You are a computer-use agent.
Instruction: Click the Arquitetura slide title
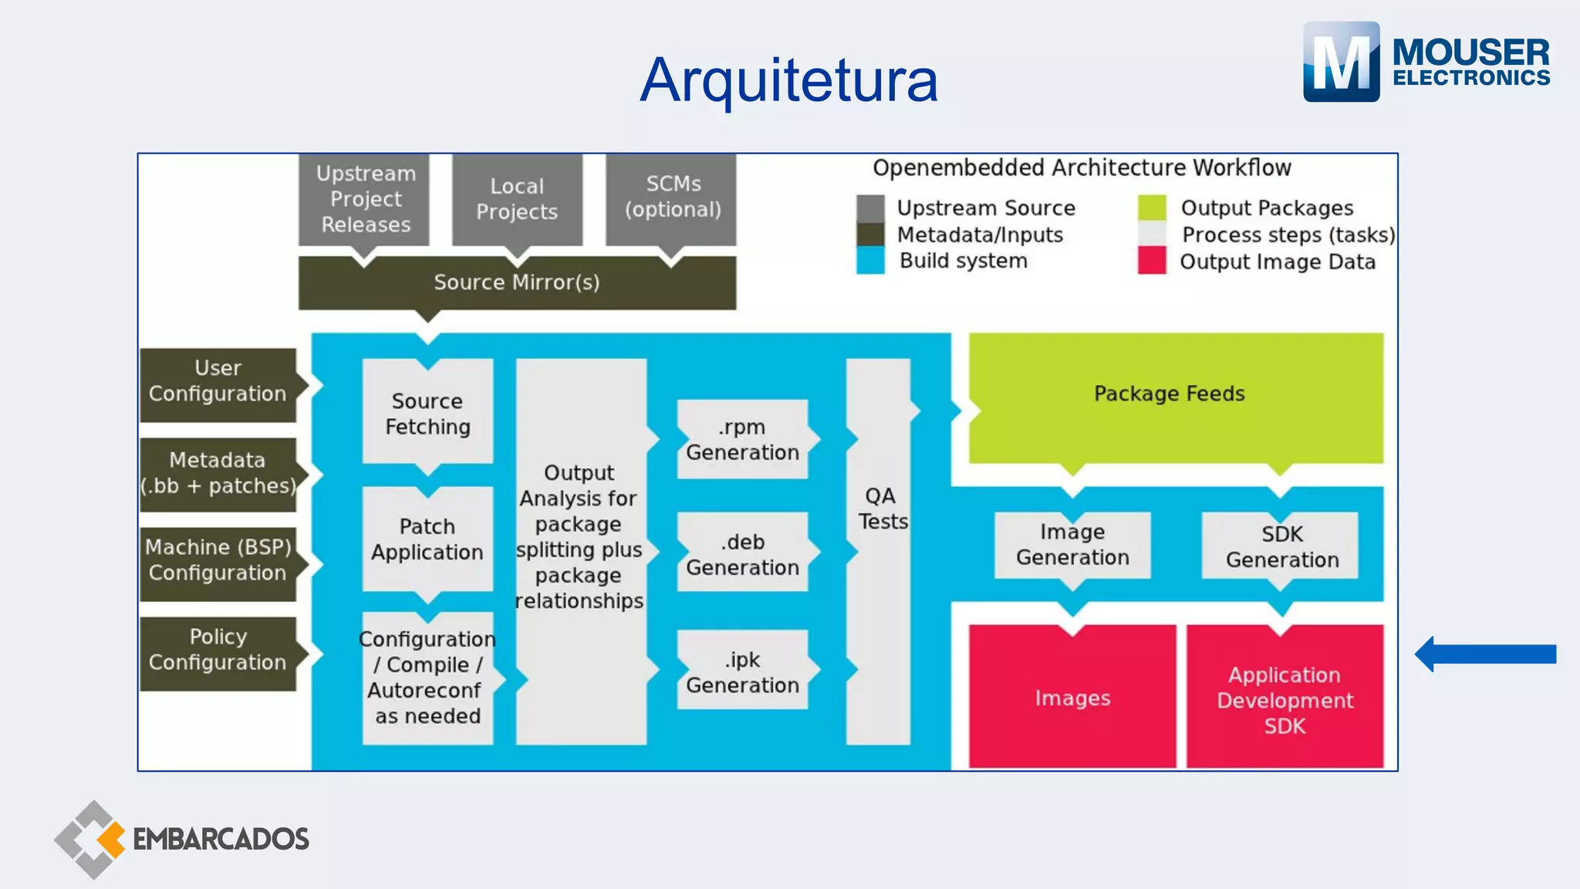coord(788,80)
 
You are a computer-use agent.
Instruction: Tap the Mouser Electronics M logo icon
coord(1341,62)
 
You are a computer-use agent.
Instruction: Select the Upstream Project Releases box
coord(365,199)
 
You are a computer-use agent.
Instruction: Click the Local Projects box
coord(517,199)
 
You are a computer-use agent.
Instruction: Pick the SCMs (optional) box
coord(672,198)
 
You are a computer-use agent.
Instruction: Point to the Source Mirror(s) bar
coord(517,283)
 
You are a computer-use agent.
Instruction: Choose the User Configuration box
coord(218,382)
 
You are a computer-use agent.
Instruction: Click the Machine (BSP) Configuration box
coord(218,561)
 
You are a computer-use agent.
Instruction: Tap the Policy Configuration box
coord(218,651)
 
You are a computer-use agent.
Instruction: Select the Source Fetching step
coord(427,414)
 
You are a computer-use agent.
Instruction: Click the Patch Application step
coord(427,539)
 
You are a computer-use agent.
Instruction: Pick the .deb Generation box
coord(742,554)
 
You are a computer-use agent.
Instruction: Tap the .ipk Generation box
coord(742,672)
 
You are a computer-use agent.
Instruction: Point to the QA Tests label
coord(881,509)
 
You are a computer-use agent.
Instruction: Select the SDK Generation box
coord(1281,546)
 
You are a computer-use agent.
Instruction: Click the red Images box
coord(1072,698)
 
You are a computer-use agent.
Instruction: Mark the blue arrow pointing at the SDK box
coord(1485,654)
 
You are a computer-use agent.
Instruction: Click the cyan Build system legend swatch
coord(870,260)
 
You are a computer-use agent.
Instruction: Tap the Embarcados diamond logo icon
coord(91,839)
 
